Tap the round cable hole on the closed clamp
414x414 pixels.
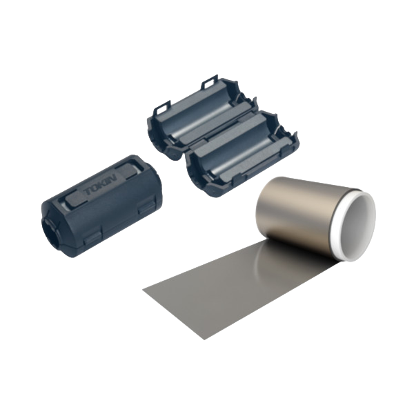tap(50, 223)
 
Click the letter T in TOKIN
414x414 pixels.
tap(87, 193)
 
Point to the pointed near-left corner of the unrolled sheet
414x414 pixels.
tap(144, 289)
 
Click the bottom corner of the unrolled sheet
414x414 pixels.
tap(204, 339)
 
